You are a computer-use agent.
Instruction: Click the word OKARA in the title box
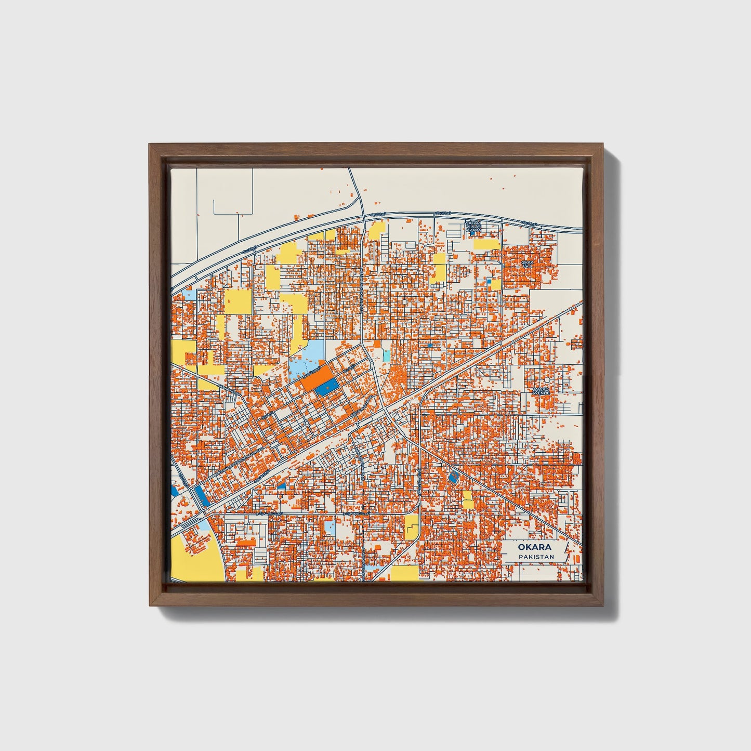click(534, 547)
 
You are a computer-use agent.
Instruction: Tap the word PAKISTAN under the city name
click(535, 557)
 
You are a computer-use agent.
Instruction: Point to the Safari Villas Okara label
click(473, 227)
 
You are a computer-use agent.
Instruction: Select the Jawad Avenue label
click(540, 391)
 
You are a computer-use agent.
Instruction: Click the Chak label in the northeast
click(528, 264)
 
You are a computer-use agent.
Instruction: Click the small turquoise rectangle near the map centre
click(386, 355)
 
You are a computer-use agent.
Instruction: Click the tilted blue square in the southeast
click(453, 477)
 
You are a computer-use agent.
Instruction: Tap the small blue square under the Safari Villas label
click(472, 234)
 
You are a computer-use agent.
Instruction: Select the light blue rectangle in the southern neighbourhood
click(330, 528)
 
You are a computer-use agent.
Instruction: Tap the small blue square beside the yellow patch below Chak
click(489, 282)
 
